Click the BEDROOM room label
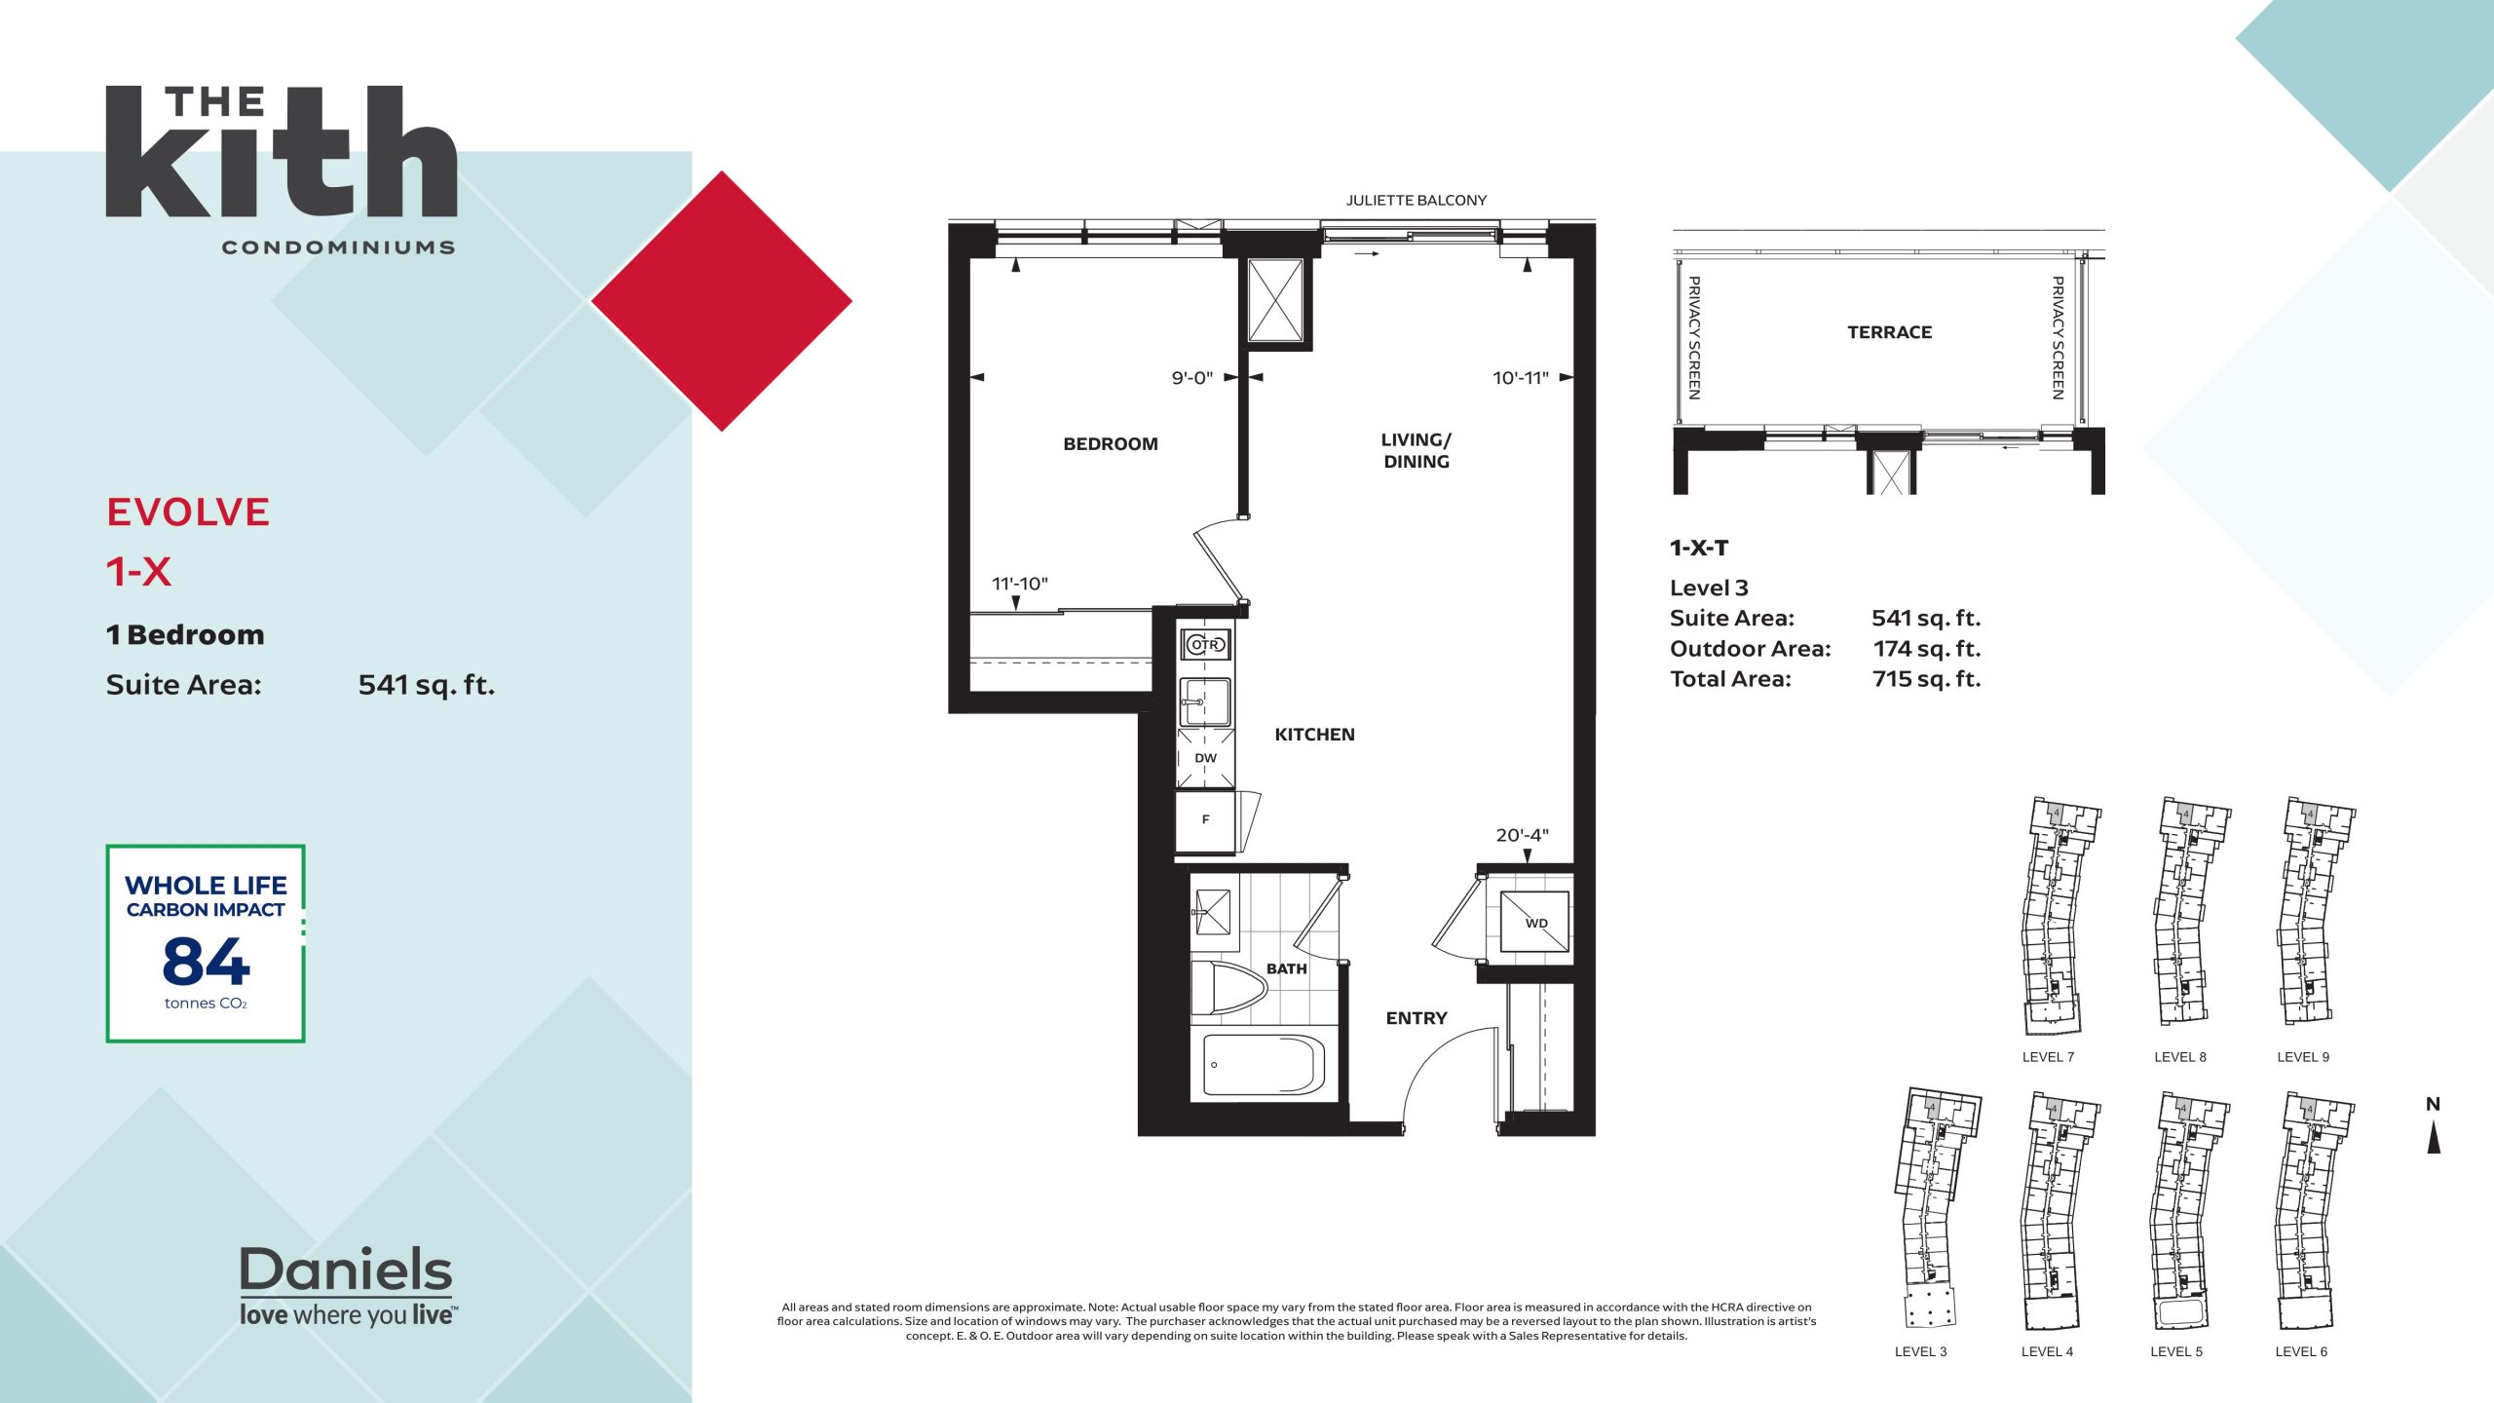1111,444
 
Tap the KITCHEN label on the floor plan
1314,735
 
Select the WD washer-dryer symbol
1535,922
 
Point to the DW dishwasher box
1205,758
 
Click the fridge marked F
1205,820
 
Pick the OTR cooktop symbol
1205,644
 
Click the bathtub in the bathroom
1264,1064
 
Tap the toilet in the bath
1228,989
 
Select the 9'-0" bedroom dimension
1191,378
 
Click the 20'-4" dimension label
1522,835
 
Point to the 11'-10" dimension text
1019,584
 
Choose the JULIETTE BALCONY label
1417,201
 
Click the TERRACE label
1889,332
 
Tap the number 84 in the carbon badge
206,962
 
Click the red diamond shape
722,301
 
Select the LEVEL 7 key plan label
2048,1057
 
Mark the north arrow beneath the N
2433,1137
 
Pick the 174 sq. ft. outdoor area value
1926,649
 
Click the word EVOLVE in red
188,512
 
